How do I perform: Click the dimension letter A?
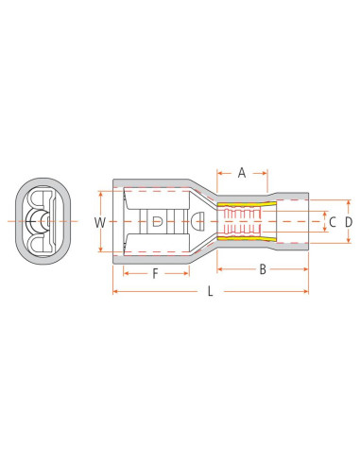click(x=241, y=172)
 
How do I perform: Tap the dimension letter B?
click(x=262, y=270)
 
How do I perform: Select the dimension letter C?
click(x=330, y=222)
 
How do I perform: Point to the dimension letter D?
click(x=348, y=222)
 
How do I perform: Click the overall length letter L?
click(x=210, y=292)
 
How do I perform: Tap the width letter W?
click(x=98, y=223)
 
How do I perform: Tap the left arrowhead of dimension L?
click(x=115, y=291)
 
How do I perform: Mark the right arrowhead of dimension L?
click(x=307, y=291)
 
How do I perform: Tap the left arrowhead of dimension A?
click(x=220, y=173)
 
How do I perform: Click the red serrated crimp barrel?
click(x=245, y=222)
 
